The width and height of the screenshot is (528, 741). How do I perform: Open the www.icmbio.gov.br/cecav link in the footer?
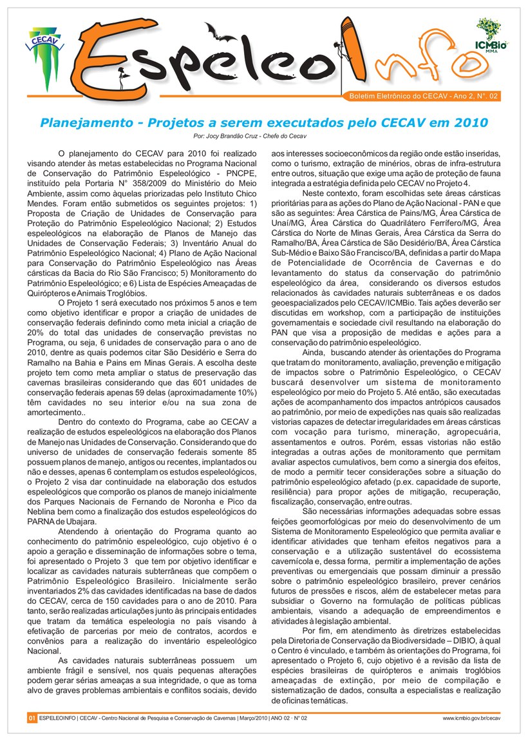(471, 717)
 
